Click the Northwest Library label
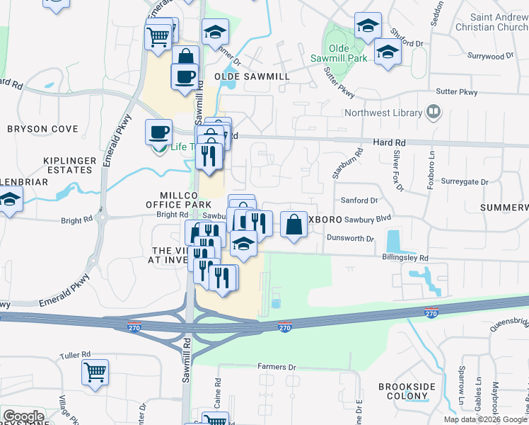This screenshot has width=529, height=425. (381, 112)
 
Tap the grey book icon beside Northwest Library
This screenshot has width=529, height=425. (432, 112)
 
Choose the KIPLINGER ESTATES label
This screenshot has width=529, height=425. (69, 165)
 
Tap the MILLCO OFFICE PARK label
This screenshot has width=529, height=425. (179, 199)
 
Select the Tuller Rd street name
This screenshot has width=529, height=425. (76, 354)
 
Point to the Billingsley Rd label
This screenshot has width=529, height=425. (405, 258)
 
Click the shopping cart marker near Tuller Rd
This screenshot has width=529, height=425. (95, 371)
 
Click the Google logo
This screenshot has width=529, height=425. (23, 416)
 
